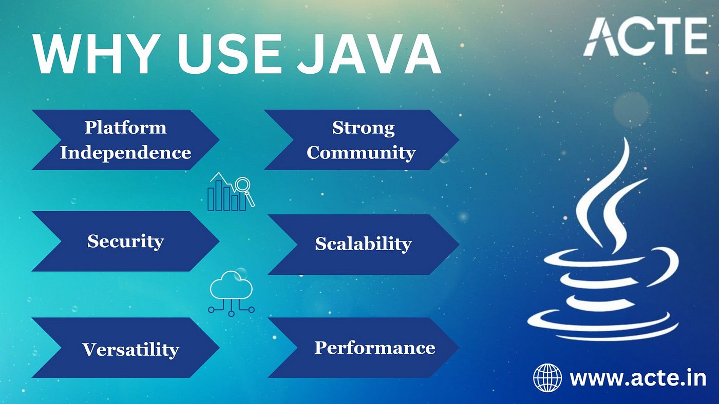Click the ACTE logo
pos(645,36)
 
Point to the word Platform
pos(125,128)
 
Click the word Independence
pos(125,152)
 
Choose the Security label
pos(125,241)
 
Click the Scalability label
pos(364,244)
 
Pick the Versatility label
pos(130,350)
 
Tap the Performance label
pos(374,348)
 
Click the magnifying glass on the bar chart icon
pos(244,191)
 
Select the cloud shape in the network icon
pos(231,285)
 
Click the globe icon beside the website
pos(547,378)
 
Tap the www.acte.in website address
pos(638,378)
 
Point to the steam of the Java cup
pos(607,195)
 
